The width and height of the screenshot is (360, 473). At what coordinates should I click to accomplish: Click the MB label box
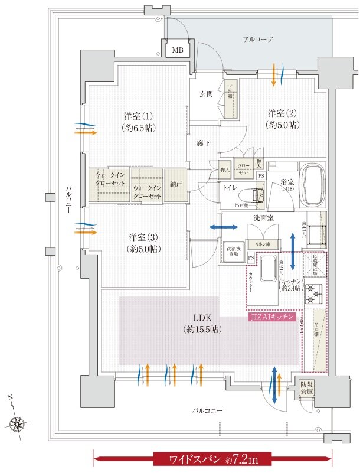pyautogui.click(x=178, y=51)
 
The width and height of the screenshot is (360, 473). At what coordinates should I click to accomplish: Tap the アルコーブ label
pyautogui.click(x=258, y=39)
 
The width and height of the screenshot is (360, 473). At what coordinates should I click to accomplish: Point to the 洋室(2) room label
pyautogui.click(x=282, y=118)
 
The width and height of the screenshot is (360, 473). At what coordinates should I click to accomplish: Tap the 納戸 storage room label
pyautogui.click(x=176, y=184)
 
